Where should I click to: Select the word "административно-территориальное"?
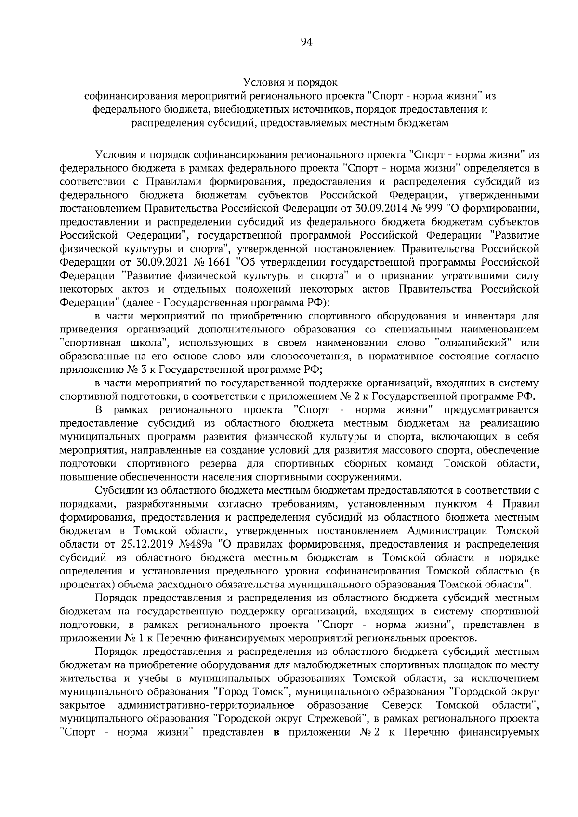pos(206,705)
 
